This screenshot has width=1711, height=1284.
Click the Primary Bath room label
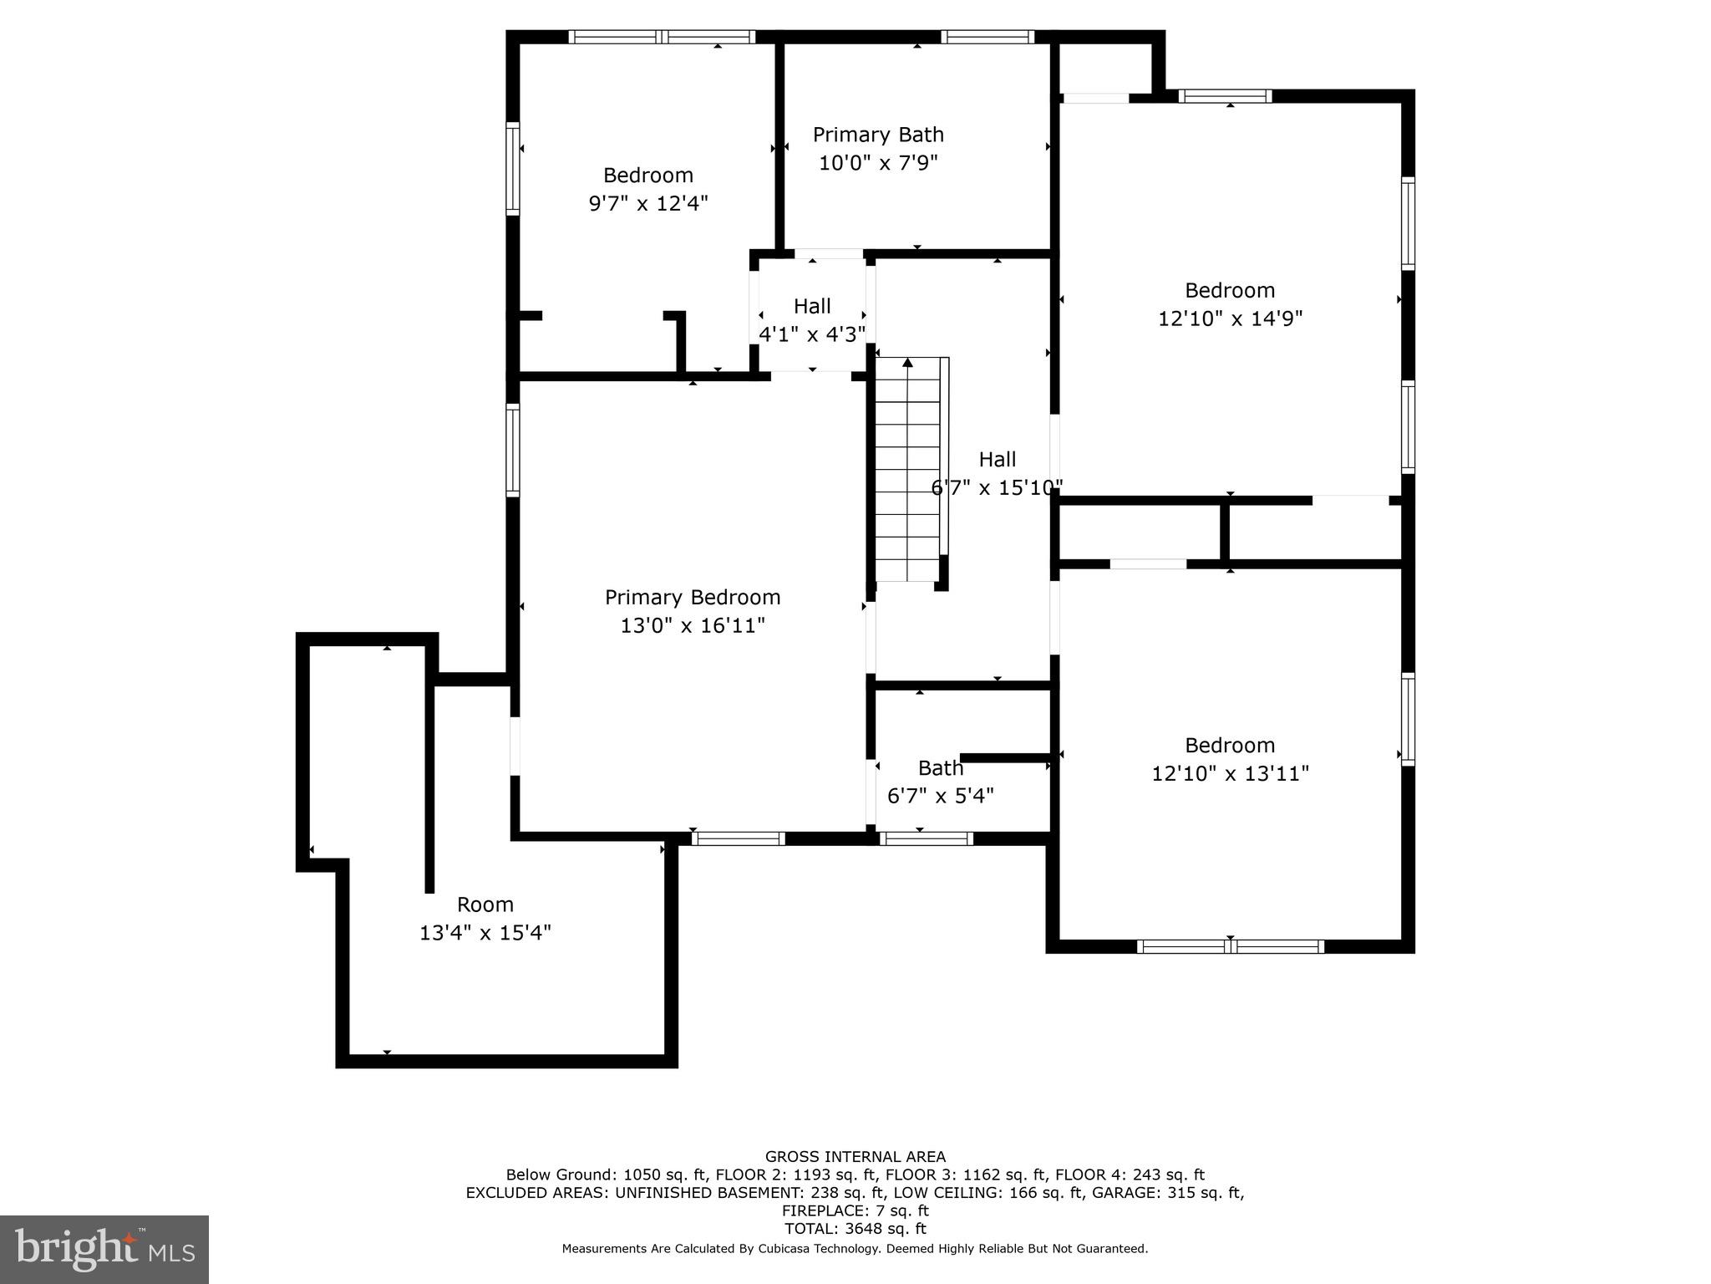[878, 135]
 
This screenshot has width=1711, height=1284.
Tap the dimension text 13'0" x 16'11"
[693, 626]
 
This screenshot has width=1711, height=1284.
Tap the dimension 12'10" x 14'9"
[1230, 319]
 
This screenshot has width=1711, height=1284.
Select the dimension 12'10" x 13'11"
[1230, 774]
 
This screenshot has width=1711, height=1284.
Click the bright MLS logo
[104, 1249]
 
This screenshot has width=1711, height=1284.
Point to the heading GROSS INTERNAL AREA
[855, 1157]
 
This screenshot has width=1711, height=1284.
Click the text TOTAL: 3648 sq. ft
[855, 1229]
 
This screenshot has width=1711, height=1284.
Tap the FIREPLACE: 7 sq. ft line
[855, 1210]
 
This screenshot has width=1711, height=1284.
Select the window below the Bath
[926, 838]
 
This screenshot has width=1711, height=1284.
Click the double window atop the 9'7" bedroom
[662, 37]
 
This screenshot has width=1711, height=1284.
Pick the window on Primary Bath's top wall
[987, 37]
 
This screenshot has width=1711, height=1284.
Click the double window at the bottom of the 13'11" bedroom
[1230, 946]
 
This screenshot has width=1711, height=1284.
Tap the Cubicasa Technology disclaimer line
[855, 1249]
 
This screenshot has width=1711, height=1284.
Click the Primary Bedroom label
[693, 598]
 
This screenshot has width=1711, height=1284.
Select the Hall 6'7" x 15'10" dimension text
[997, 488]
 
